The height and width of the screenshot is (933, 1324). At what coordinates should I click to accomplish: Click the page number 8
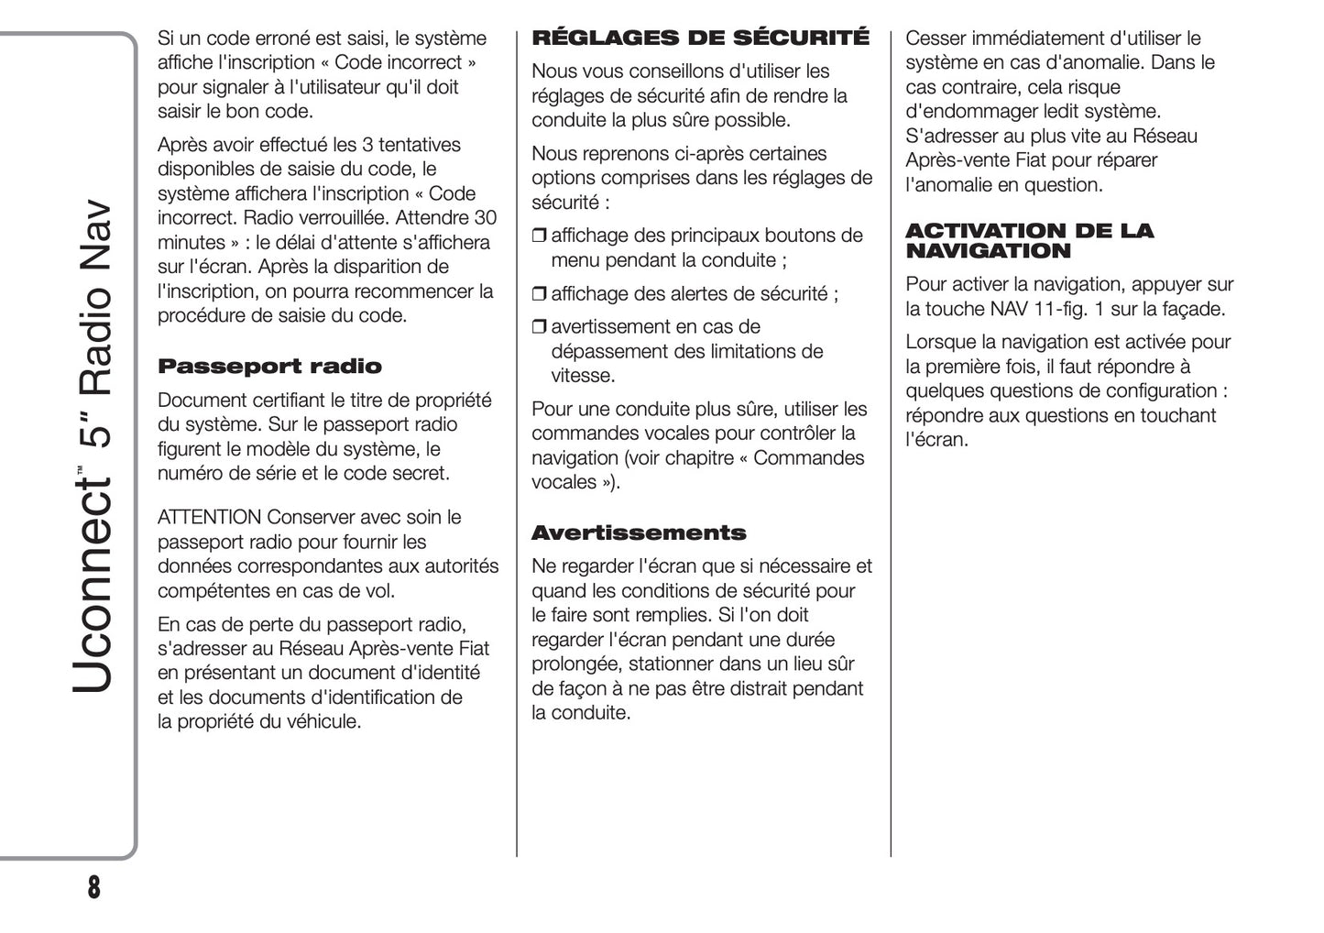pyautogui.click(x=93, y=887)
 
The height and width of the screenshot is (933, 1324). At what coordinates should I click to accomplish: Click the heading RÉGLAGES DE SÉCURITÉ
pyautogui.click(x=700, y=38)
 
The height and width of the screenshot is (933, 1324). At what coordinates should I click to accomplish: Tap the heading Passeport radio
pyautogui.click(x=269, y=367)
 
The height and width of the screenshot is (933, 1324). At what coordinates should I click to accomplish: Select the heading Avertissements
pyautogui.click(x=639, y=533)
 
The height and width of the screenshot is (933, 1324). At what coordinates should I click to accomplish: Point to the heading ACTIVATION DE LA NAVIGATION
pyautogui.click(x=1029, y=241)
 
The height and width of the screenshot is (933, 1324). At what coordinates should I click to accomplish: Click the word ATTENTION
pyautogui.click(x=210, y=517)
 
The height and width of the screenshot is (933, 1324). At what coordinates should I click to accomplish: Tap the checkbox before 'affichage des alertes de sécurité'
pyautogui.click(x=539, y=294)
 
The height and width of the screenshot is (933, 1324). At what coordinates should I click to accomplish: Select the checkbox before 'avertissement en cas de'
pyautogui.click(x=539, y=327)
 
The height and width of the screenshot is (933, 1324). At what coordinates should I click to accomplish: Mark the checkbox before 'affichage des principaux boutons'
pyautogui.click(x=539, y=236)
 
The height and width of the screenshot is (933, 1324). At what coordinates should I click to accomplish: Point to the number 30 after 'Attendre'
pyautogui.click(x=485, y=218)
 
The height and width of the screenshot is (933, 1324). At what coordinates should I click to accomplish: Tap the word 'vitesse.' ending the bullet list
pyautogui.click(x=583, y=376)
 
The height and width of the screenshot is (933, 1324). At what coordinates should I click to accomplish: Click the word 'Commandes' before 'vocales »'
pyautogui.click(x=808, y=458)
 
